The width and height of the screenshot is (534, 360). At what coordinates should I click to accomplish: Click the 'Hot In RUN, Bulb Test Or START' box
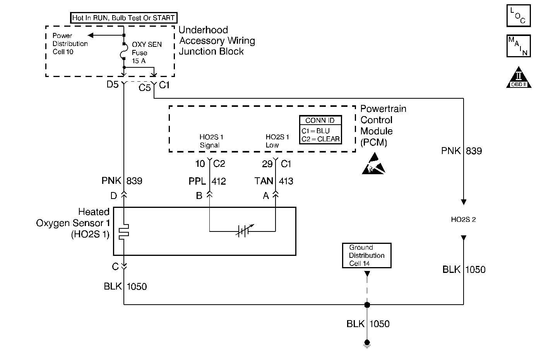coord(123,18)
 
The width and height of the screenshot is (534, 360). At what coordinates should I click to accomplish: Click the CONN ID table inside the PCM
coord(320,130)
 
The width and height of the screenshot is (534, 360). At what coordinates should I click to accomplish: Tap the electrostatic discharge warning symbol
coord(373,164)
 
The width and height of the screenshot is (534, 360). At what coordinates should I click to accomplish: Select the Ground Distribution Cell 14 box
coord(366,255)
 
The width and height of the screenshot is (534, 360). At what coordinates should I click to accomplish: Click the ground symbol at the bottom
coord(367,344)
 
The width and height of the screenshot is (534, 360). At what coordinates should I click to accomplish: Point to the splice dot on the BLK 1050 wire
coord(367,305)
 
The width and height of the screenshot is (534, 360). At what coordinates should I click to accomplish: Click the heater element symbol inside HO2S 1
coord(123,231)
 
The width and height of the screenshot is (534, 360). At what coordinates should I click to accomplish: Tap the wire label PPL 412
coord(207,181)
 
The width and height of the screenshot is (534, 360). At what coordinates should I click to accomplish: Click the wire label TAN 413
coord(274,181)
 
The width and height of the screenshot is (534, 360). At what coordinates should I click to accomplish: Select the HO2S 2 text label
coord(463,220)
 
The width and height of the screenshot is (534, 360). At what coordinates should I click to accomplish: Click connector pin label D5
coord(113,85)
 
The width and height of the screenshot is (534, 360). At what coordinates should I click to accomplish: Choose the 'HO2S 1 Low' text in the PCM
coord(277,141)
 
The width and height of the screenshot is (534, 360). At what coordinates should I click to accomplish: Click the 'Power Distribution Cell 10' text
coord(70,44)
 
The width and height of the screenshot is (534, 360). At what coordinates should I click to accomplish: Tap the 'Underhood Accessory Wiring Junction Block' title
coord(217,41)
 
